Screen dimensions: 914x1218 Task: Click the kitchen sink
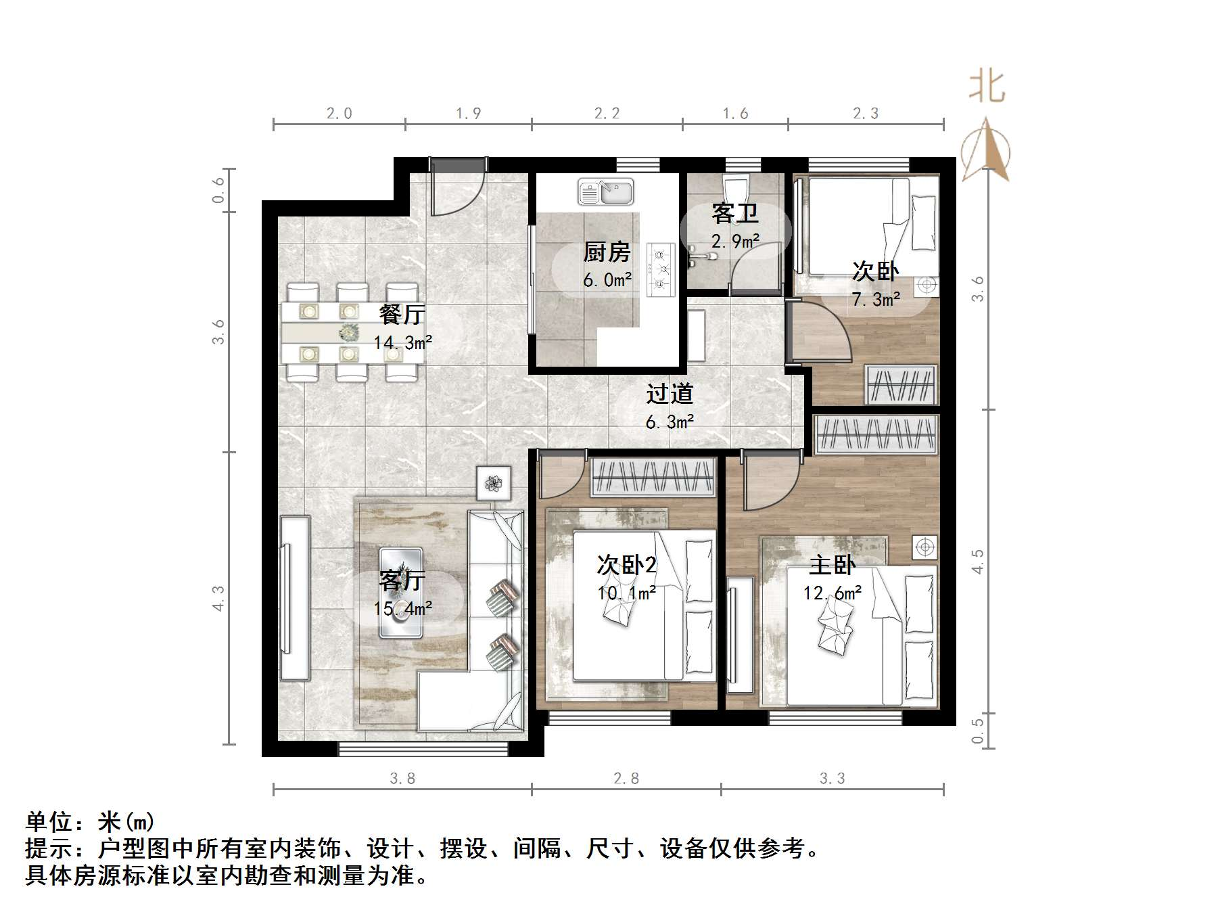605,191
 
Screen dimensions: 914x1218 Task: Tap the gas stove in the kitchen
661,270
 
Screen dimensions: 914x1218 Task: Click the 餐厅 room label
402,315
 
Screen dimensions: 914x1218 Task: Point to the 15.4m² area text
403,609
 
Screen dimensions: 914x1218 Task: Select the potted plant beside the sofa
494,483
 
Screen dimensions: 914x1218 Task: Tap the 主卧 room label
832,566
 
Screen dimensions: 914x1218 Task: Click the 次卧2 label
626,565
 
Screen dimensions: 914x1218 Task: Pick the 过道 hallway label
669,394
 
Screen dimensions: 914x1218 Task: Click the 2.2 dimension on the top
607,113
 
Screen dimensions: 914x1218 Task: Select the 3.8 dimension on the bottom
402,779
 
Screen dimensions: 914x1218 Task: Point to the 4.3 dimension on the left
218,599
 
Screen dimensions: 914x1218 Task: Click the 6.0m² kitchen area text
607,279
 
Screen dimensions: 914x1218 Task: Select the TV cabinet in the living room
294,598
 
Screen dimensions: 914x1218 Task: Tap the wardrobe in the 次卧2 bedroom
653,477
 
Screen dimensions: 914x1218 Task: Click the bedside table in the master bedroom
924,547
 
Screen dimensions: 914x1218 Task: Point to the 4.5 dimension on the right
977,562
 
